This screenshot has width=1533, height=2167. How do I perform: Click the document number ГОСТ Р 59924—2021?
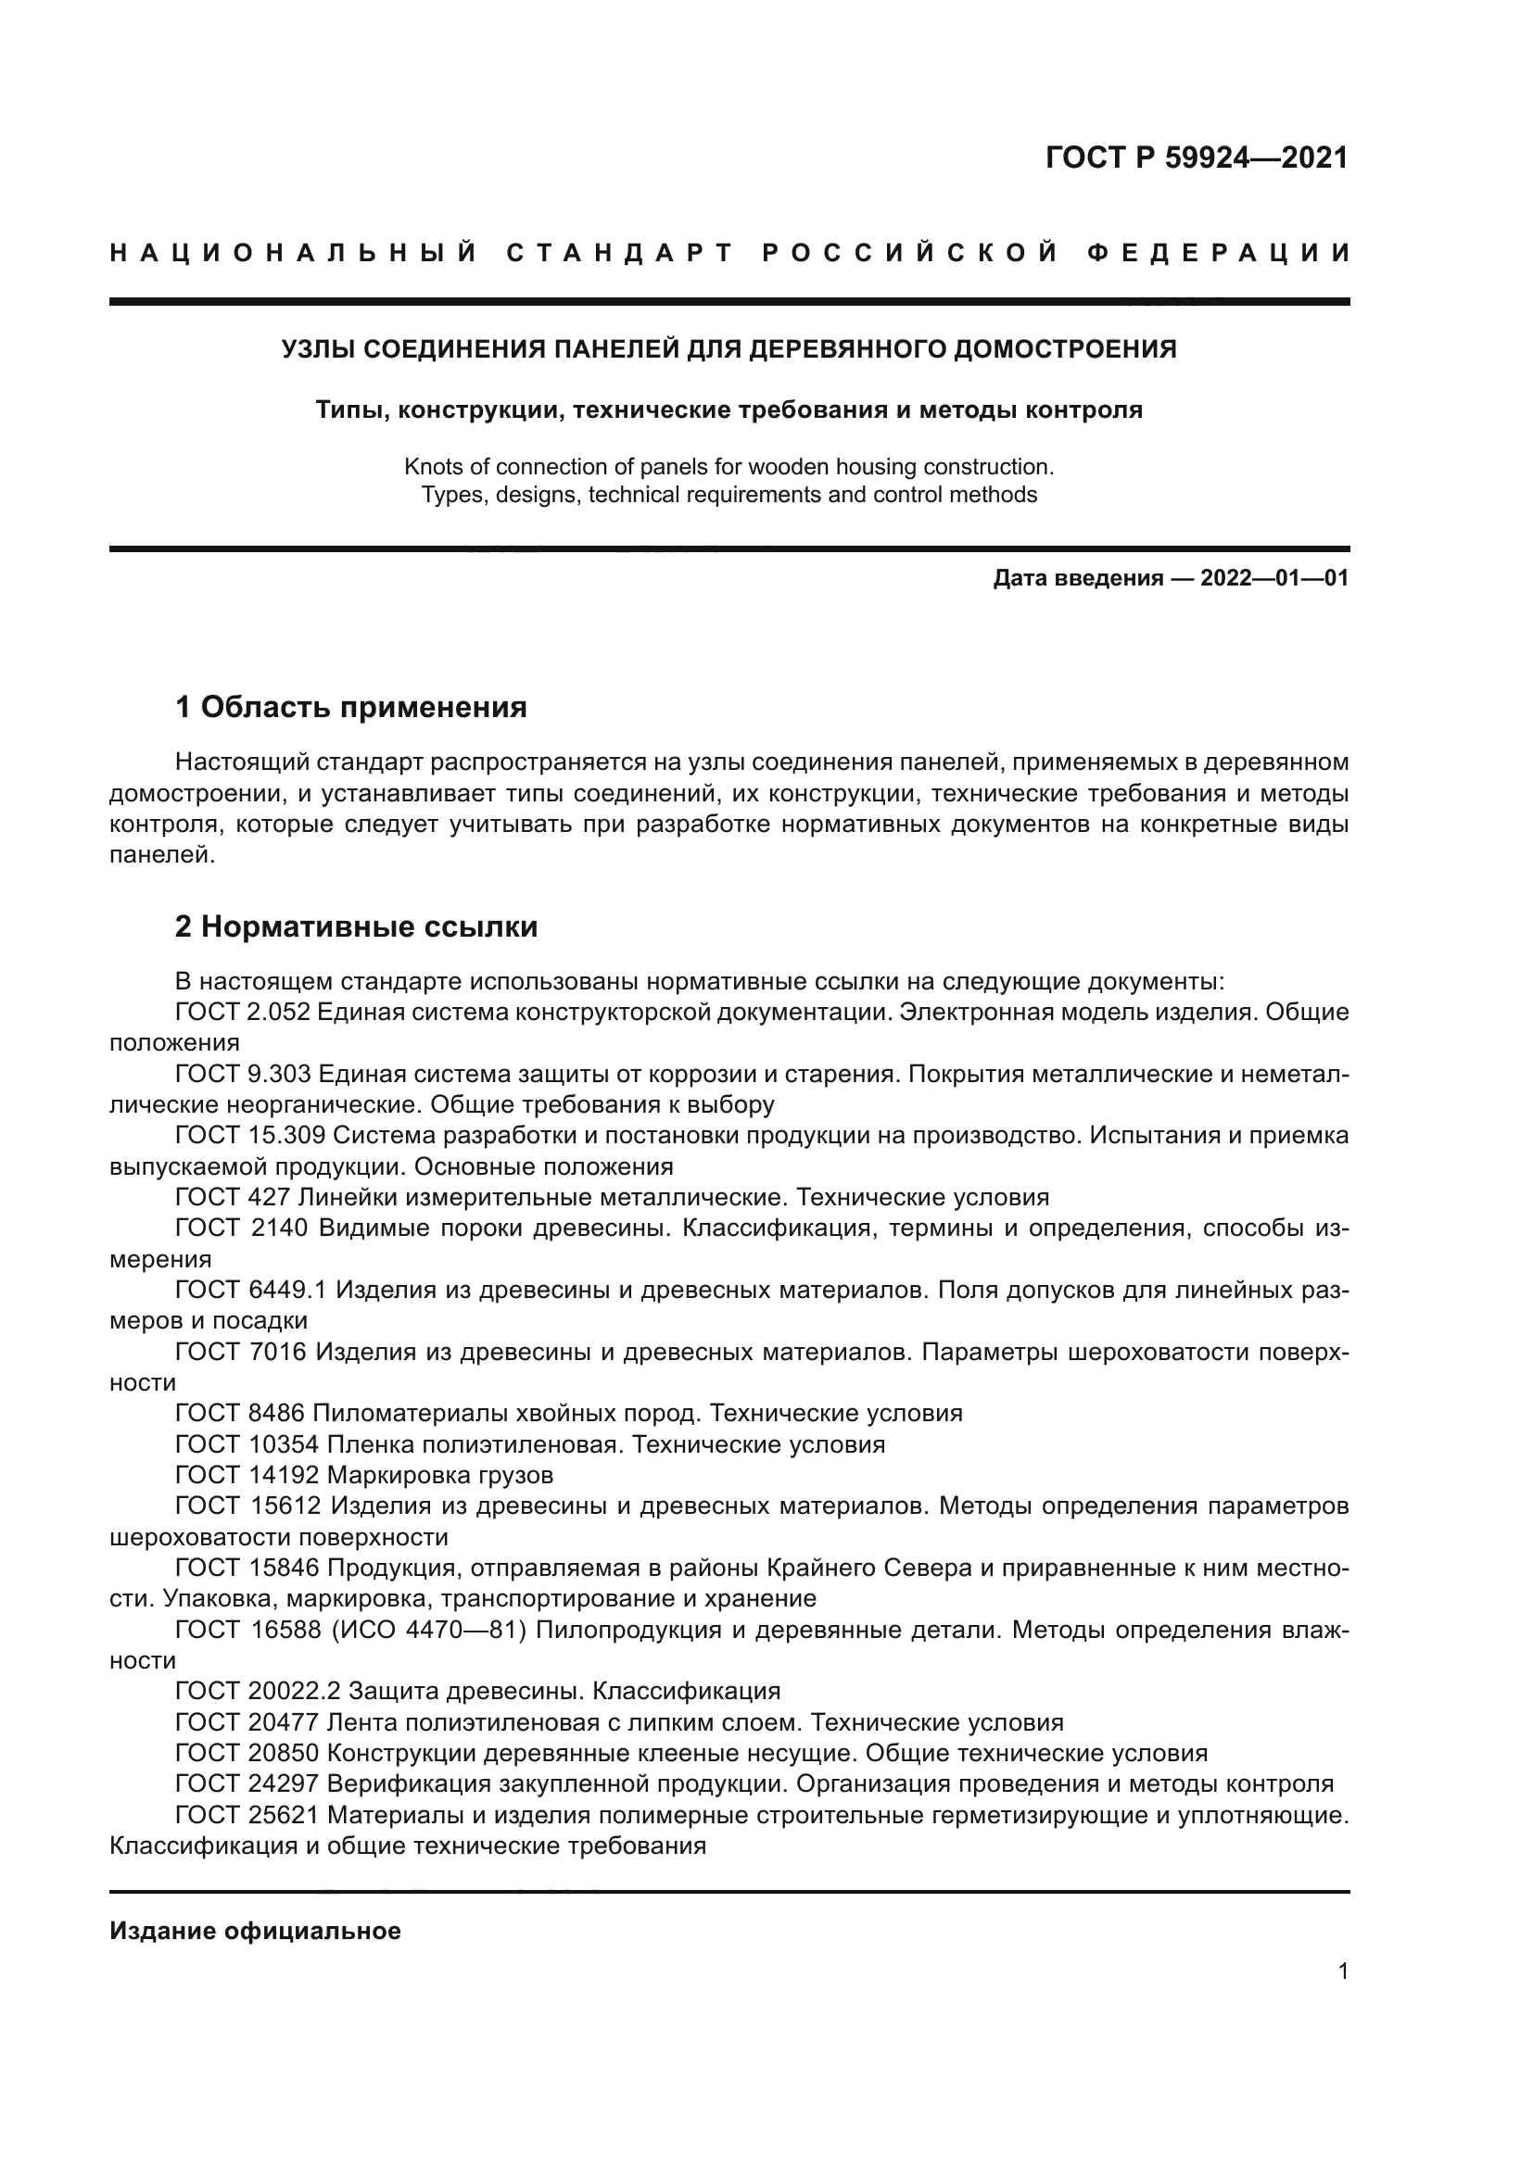click(x=1196, y=157)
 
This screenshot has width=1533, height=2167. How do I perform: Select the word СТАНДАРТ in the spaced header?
click(x=620, y=253)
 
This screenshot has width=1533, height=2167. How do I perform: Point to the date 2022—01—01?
click(x=1274, y=577)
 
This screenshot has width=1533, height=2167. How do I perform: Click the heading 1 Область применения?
click(x=351, y=707)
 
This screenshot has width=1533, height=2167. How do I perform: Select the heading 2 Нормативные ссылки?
click(x=356, y=926)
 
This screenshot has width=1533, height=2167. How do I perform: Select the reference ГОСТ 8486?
click(x=240, y=1413)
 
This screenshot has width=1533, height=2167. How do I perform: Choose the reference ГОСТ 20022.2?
click(x=258, y=1691)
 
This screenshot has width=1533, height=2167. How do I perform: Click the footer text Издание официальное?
click(x=255, y=1931)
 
